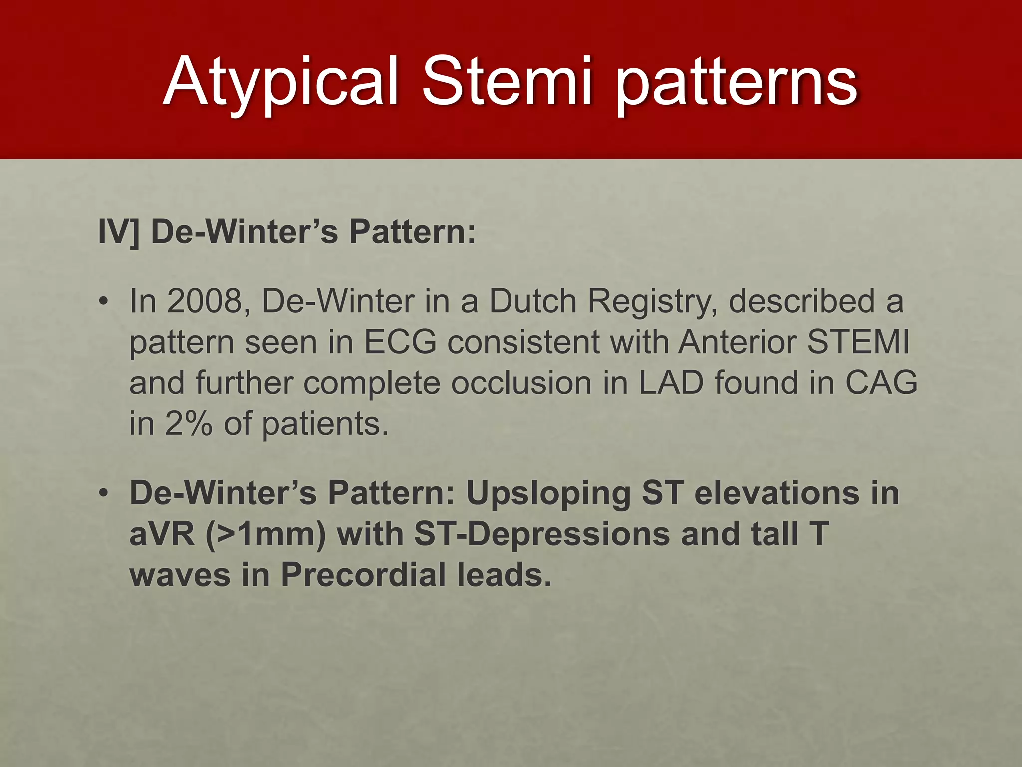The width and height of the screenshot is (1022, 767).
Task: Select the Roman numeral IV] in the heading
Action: click(x=119, y=232)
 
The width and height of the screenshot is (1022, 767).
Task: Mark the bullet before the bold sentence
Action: click(x=103, y=494)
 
